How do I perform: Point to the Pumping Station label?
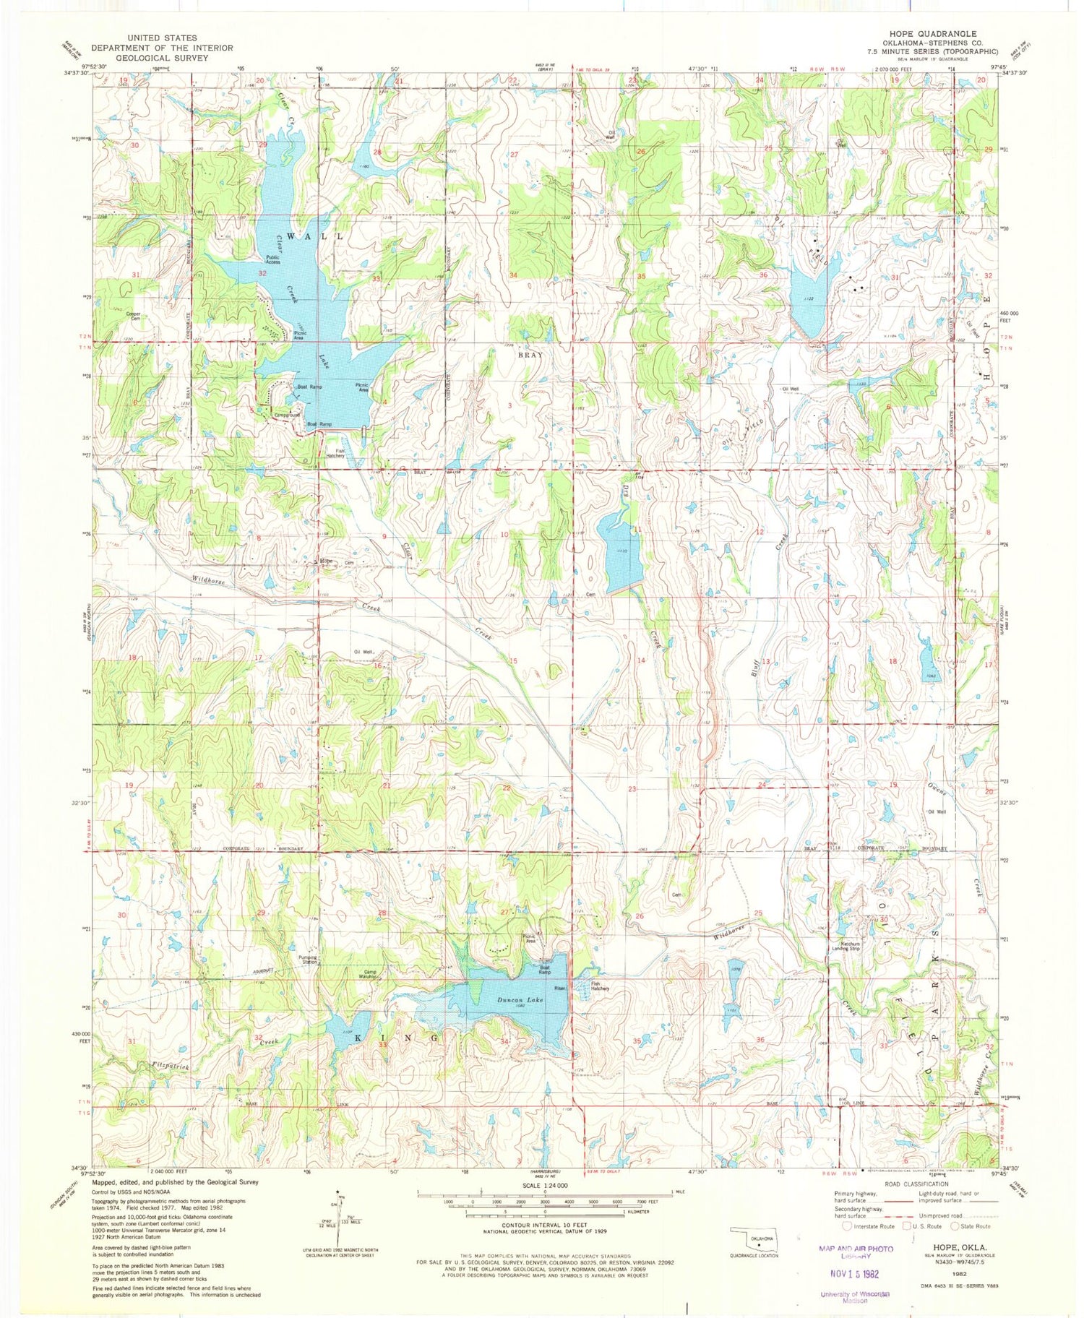(308, 960)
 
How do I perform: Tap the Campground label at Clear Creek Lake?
(287, 415)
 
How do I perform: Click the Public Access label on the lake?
(272, 259)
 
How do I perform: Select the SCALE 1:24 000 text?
(543, 1186)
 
